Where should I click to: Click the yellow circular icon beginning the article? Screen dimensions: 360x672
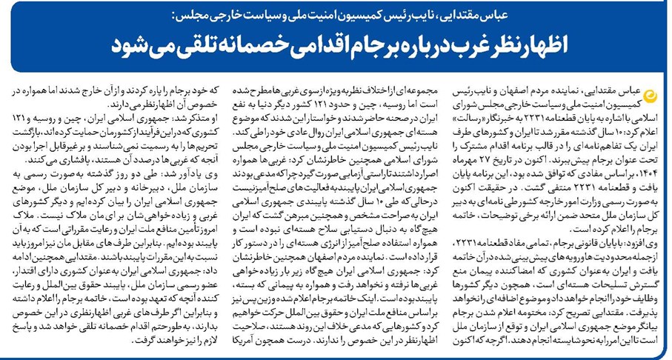tap(652, 93)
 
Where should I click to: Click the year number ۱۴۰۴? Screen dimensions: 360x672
tap(648, 170)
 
